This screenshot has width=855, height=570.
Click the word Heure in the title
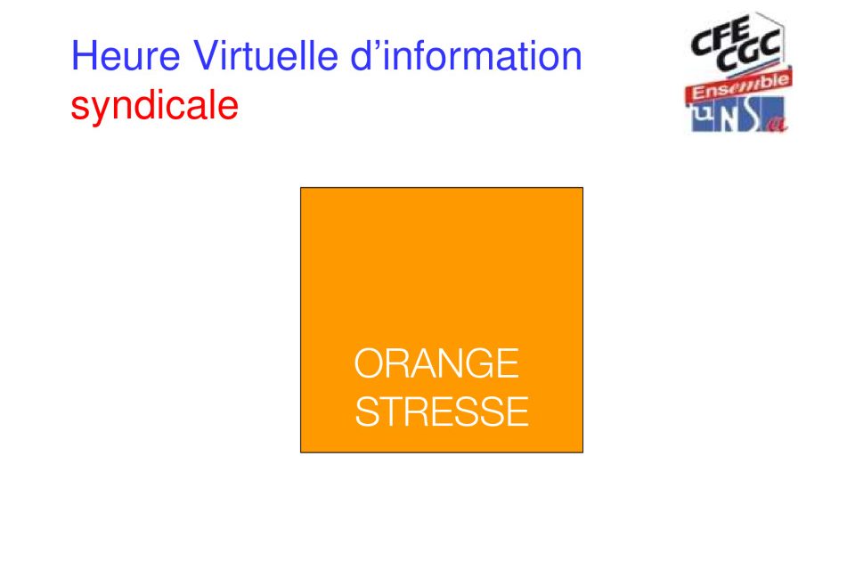click(126, 55)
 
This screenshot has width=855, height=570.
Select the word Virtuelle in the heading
click(265, 55)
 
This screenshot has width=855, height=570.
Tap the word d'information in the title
click(466, 55)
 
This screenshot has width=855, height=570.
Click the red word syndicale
click(155, 106)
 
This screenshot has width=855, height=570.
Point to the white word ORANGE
click(436, 363)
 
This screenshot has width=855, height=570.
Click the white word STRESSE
click(442, 411)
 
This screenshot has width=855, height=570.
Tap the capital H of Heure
click(84, 55)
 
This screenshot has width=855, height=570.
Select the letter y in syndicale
click(99, 110)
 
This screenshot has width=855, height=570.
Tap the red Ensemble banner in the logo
click(739, 86)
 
